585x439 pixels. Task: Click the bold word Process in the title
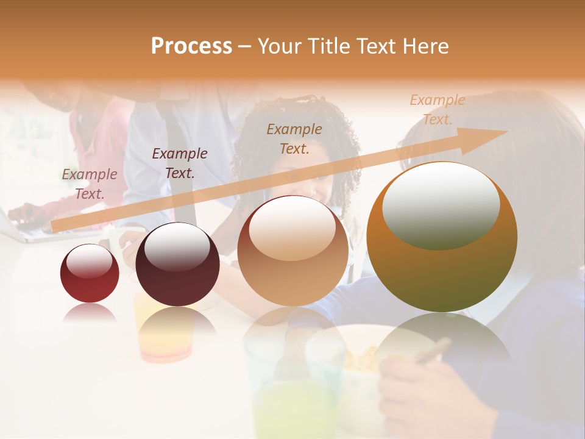191,46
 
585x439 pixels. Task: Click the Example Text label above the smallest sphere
90,184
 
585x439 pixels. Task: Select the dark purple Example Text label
180,163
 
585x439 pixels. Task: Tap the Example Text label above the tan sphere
294,138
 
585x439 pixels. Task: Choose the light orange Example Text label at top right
437,110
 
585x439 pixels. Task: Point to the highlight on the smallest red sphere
89,262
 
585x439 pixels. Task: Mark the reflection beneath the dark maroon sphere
177,332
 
